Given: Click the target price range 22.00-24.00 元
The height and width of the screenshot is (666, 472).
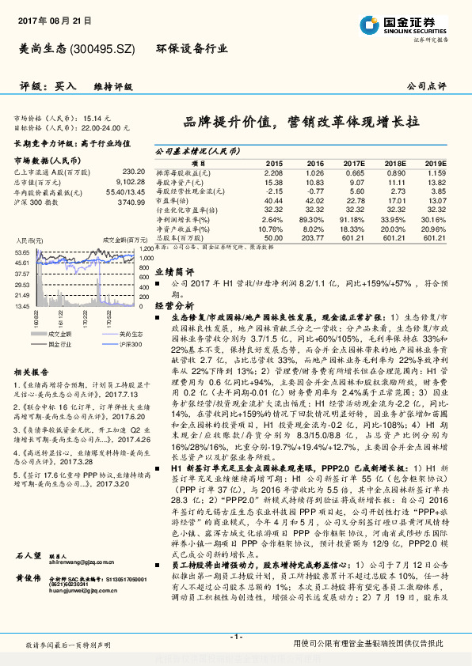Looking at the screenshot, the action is point(105,127).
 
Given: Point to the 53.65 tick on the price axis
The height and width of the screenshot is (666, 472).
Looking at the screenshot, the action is point(22,252).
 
